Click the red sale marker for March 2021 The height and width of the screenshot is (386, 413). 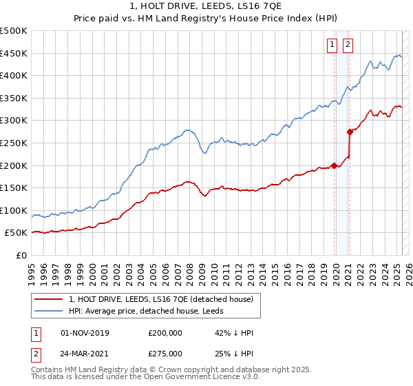[x=350, y=131]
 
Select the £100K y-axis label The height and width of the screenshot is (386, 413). [x=14, y=210]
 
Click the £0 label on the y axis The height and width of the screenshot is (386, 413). [x=22, y=256]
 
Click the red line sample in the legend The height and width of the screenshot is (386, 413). [x=48, y=298]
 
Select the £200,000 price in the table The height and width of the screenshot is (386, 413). [x=165, y=333]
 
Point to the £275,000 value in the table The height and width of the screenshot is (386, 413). [x=165, y=354]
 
